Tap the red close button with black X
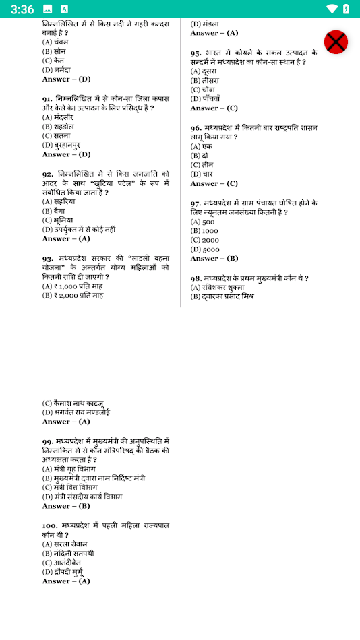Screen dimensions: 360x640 point(336,42)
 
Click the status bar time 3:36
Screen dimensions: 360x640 point(22,9)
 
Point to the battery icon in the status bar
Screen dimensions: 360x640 point(346,9)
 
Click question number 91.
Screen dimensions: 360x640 point(48,98)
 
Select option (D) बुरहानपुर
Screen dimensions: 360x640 point(61,145)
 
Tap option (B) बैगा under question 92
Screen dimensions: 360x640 point(55,211)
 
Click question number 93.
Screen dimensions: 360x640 point(48,258)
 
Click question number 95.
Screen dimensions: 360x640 point(196,52)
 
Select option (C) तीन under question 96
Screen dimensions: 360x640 point(202,164)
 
